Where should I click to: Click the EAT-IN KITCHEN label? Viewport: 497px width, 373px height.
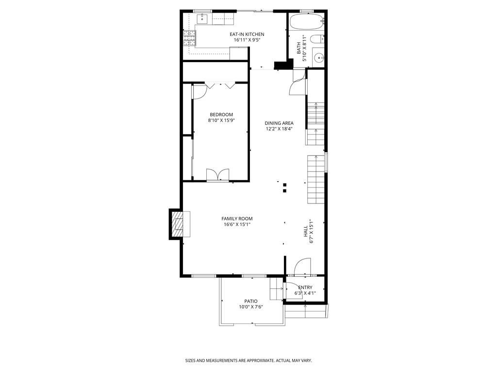[247, 34]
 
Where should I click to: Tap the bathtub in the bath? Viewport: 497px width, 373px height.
[306, 22]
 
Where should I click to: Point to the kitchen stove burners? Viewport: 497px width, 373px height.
[189, 37]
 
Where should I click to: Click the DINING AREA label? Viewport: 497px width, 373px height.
[279, 123]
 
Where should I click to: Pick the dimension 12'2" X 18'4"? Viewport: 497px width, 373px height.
[279, 129]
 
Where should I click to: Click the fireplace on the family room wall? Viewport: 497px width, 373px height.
[179, 223]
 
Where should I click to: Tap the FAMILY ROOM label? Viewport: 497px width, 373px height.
[237, 219]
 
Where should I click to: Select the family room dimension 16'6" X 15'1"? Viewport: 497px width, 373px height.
[237, 224]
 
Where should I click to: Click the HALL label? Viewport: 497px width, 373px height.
[306, 231]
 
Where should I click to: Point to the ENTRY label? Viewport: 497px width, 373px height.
[305, 287]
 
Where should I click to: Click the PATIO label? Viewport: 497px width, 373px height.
[251, 301]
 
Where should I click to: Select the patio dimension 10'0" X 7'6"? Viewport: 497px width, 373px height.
[251, 307]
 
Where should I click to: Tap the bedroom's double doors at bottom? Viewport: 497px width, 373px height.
[217, 175]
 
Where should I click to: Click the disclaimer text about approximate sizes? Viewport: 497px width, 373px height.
[248, 360]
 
